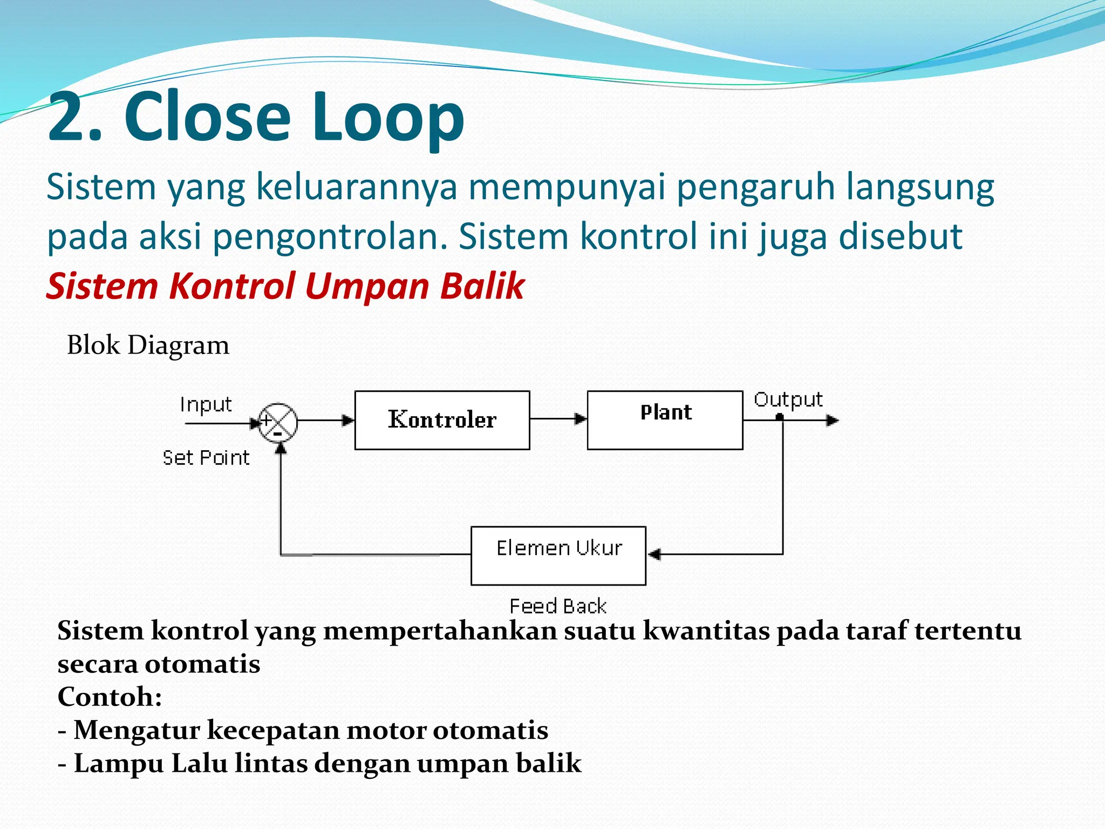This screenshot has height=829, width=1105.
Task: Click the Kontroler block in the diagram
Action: point(442,420)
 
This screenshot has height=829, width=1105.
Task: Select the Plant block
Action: point(665,420)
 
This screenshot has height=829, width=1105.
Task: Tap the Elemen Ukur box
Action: point(558,555)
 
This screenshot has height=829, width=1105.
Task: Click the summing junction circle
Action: point(278,422)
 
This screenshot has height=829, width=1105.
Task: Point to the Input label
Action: point(206,404)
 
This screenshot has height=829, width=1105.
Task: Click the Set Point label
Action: point(206,458)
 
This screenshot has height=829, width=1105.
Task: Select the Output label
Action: point(788,400)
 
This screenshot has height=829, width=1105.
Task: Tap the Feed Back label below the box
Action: point(558,606)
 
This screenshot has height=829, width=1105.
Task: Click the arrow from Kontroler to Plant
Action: point(558,419)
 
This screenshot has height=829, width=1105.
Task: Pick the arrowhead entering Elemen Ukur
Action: point(654,554)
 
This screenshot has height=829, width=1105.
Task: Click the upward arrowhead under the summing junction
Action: point(281,448)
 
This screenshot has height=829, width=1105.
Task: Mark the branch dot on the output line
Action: point(780,417)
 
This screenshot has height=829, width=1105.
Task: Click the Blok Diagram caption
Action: point(148,345)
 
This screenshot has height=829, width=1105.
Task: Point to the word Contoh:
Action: point(110,696)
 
